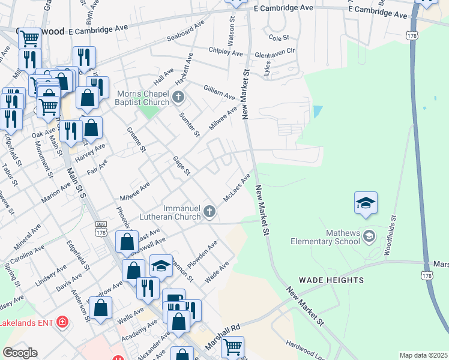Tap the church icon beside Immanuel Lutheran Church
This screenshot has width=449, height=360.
pyautogui.click(x=209, y=211)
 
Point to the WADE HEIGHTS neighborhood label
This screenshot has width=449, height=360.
pyautogui.click(x=331, y=280)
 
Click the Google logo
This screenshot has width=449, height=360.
pyautogui.click(x=20, y=353)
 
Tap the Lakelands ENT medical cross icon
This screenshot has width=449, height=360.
pyautogui.click(x=61, y=323)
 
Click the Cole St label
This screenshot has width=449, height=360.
pyautogui.click(x=279, y=37)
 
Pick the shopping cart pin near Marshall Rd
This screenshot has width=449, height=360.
pyautogui.click(x=232, y=346)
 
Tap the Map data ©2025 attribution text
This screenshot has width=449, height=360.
pyautogui.click(x=423, y=355)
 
